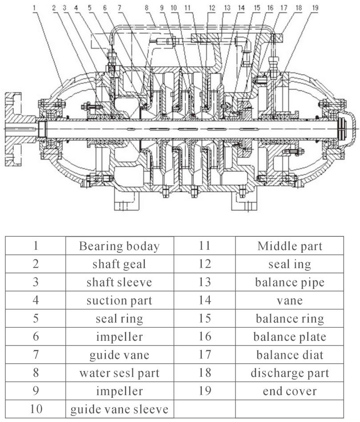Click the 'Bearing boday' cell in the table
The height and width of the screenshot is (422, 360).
pyautogui.click(x=119, y=246)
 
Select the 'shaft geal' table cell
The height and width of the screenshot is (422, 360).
pyautogui.click(x=119, y=264)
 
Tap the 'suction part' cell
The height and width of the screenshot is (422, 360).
pyautogui.click(x=119, y=300)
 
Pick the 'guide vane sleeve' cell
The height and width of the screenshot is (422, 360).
pyautogui.click(x=119, y=409)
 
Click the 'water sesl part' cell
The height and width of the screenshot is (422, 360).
pyautogui.click(x=119, y=373)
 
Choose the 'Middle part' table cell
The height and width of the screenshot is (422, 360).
pyautogui.click(x=289, y=246)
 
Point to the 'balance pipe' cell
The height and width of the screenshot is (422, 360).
pyautogui.click(x=289, y=282)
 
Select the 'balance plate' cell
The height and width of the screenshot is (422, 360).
pyautogui.click(x=289, y=336)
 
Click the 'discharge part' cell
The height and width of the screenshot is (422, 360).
pyautogui.click(x=289, y=373)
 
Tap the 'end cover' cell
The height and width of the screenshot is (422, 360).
pyautogui.click(x=289, y=391)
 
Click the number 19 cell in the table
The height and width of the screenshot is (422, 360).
pyautogui.click(x=204, y=391)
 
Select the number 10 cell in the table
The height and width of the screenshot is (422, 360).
pyautogui.click(x=36, y=409)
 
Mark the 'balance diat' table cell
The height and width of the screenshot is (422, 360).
pyautogui.click(x=289, y=354)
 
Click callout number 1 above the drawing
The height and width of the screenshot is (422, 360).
pyautogui.click(x=35, y=8)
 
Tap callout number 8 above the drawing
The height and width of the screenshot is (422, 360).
pyautogui.click(x=146, y=8)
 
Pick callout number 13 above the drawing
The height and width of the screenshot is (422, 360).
pyautogui.click(x=227, y=8)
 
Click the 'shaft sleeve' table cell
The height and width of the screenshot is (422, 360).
pyautogui.click(x=119, y=282)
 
